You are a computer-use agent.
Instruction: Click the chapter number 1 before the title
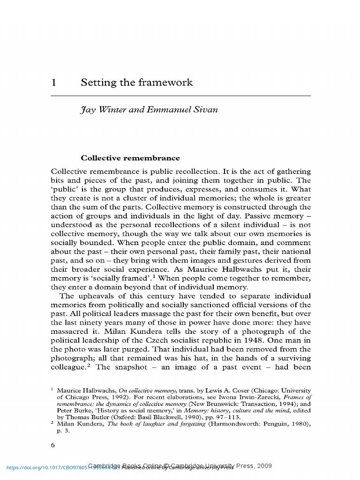54,83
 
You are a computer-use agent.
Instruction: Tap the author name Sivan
206,112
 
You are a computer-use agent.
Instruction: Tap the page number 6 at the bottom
53,445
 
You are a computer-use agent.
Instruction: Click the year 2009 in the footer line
263,466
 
